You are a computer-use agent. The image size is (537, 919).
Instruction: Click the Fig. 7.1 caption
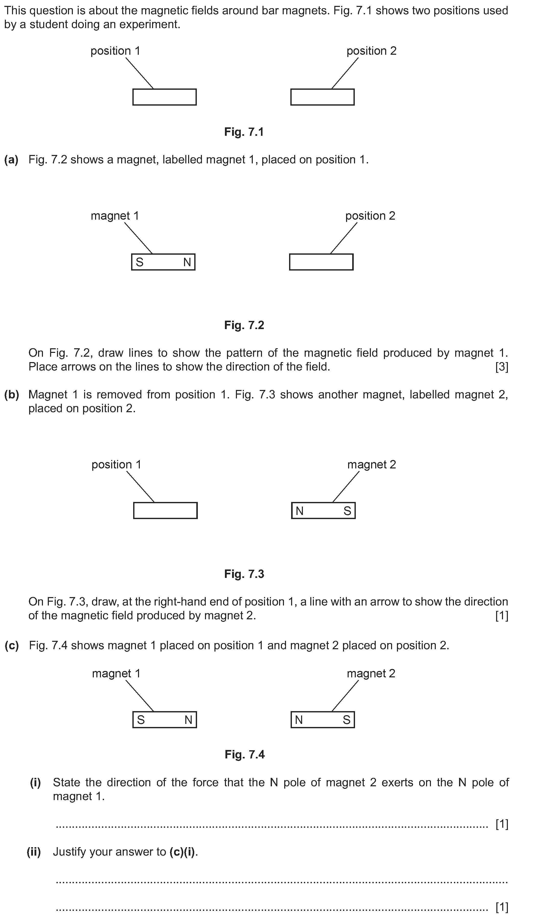coord(244,132)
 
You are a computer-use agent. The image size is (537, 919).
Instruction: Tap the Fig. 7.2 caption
coord(244,325)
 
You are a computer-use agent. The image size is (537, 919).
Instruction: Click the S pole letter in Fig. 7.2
coord(140,262)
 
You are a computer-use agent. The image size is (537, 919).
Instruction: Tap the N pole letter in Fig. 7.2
coord(187,262)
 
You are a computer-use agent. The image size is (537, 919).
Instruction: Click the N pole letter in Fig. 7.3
coord(299,511)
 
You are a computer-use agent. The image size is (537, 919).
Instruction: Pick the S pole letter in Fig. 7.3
coord(347,511)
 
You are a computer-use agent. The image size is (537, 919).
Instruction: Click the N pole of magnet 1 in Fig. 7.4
coord(188,720)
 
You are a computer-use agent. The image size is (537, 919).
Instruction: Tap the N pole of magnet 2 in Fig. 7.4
coord(299,720)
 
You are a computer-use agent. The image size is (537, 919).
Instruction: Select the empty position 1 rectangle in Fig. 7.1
coord(164,97)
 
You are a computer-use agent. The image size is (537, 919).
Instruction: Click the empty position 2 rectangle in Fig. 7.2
coord(321,262)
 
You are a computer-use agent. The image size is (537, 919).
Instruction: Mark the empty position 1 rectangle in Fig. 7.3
coord(165,511)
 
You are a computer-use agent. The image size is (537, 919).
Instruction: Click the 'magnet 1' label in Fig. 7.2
coord(115,216)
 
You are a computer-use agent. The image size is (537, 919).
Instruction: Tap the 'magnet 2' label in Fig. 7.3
coord(371,465)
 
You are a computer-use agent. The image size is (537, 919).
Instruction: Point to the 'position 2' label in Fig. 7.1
coord(371,51)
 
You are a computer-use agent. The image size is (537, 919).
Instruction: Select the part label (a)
coord(11,160)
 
